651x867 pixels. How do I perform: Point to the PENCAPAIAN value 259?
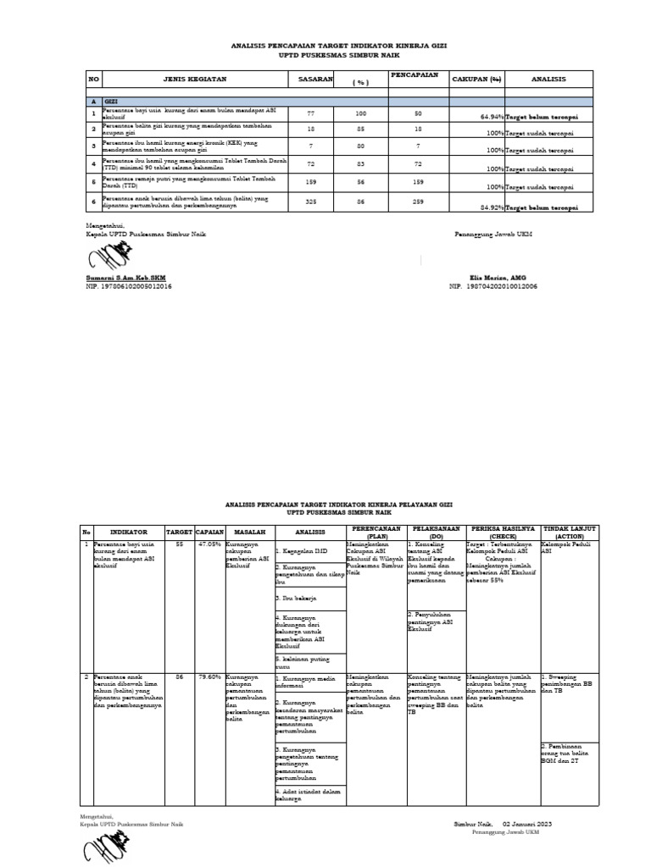tap(417, 201)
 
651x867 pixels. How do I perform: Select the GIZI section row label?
tap(110, 101)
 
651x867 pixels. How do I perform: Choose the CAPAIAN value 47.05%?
tap(209, 544)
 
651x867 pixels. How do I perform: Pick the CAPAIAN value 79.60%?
tap(209, 676)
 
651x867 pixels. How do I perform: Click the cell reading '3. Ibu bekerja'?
tap(296, 599)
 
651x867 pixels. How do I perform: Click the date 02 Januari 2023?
tap(527, 823)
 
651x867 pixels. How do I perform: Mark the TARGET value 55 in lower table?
tap(179, 544)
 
